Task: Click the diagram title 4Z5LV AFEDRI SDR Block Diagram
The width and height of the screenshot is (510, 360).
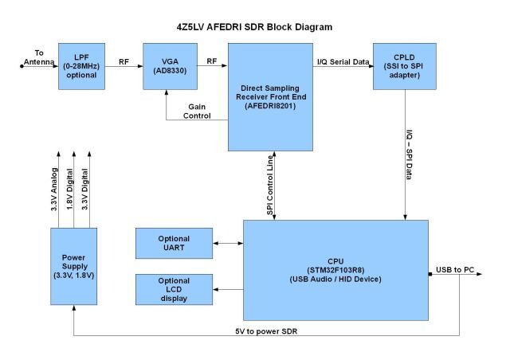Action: click(x=255, y=26)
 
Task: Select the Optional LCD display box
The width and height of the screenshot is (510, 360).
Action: click(x=174, y=288)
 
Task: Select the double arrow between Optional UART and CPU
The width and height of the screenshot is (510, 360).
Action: click(x=228, y=245)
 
